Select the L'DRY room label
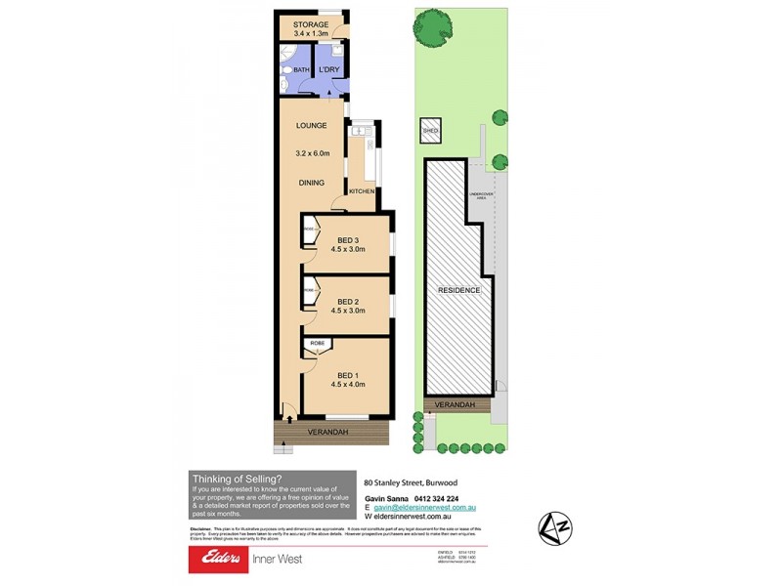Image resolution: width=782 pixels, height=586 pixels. [x=328, y=70]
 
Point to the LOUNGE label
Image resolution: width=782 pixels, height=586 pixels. [x=312, y=126]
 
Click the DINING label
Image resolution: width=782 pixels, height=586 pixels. [x=312, y=183]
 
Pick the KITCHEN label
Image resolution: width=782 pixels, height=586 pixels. [x=362, y=191]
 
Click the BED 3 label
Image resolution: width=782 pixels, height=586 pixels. [x=350, y=240]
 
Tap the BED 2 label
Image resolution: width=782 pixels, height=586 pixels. [x=350, y=302]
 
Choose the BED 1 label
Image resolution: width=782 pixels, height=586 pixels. [x=350, y=375]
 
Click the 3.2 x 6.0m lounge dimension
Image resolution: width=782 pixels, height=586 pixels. [x=312, y=153]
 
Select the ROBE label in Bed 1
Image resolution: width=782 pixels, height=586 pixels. [x=318, y=345]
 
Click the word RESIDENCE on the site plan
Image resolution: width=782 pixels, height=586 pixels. [x=458, y=290]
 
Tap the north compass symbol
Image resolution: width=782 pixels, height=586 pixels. [x=553, y=528]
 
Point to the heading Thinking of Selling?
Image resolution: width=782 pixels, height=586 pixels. [x=238, y=479]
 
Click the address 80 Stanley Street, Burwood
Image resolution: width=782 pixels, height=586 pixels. [x=411, y=482]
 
